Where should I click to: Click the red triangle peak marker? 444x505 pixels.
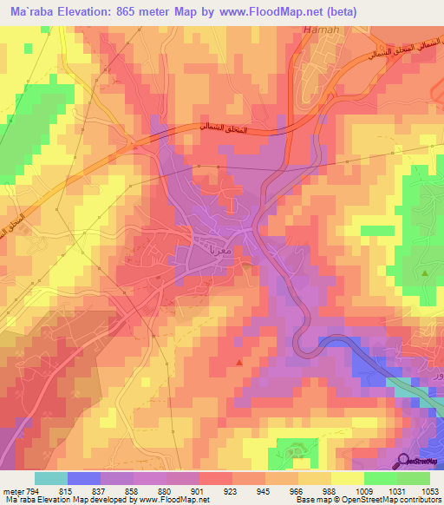(x=239, y=361)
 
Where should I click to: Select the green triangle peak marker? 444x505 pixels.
(x=425, y=273)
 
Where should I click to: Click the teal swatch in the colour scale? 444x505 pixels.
(x=51, y=478)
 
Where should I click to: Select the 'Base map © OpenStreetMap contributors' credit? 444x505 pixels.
(x=367, y=500)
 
